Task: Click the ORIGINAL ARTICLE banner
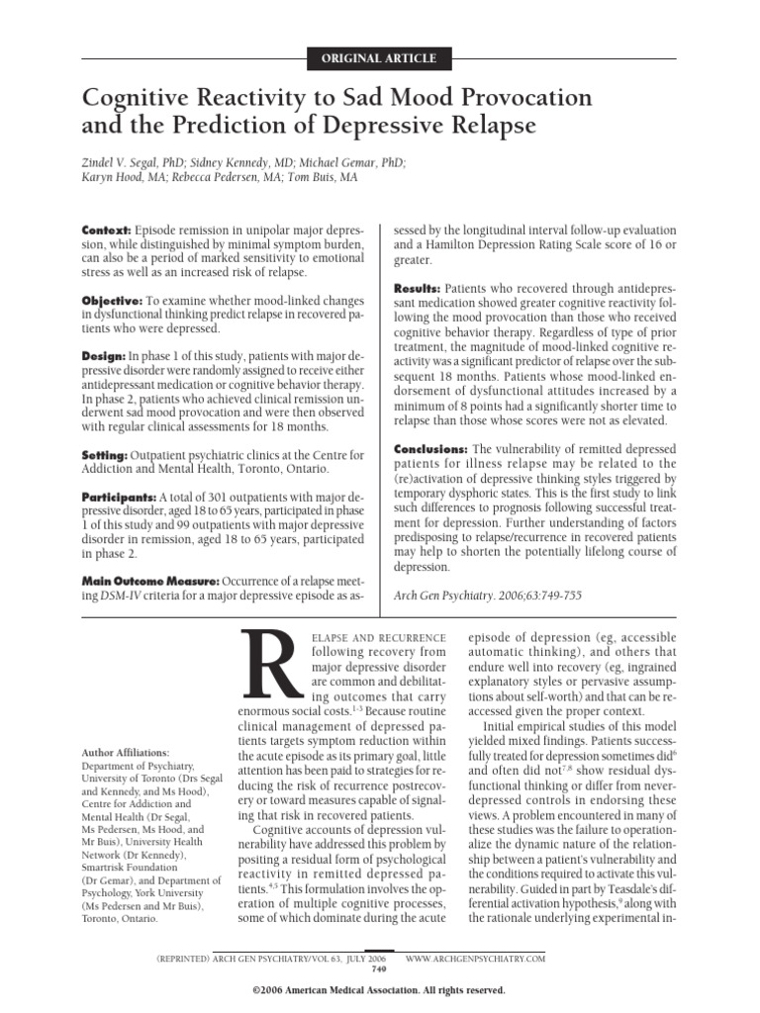pyautogui.click(x=380, y=58)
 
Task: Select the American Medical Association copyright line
pyautogui.click(x=379, y=990)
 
